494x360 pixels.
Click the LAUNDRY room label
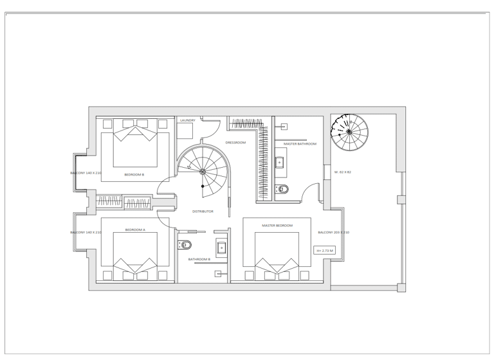[x=188, y=120]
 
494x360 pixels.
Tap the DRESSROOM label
[x=235, y=143]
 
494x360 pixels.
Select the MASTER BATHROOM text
[x=300, y=144]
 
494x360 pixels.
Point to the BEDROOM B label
[x=134, y=174]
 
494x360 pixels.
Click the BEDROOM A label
[x=135, y=230]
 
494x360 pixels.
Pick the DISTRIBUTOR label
[x=203, y=212]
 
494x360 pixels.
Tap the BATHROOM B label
[x=199, y=259]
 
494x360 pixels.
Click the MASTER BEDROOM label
[x=277, y=226]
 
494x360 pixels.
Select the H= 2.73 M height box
[x=324, y=251]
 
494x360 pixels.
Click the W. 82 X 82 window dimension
[x=343, y=172]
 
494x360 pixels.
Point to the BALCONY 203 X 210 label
[x=334, y=233]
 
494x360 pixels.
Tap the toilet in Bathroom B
[x=185, y=245]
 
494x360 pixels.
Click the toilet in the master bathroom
[x=282, y=189]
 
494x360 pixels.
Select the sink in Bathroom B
[x=222, y=248]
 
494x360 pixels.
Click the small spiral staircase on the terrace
[x=349, y=131]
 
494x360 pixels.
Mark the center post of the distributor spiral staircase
[x=203, y=172]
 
